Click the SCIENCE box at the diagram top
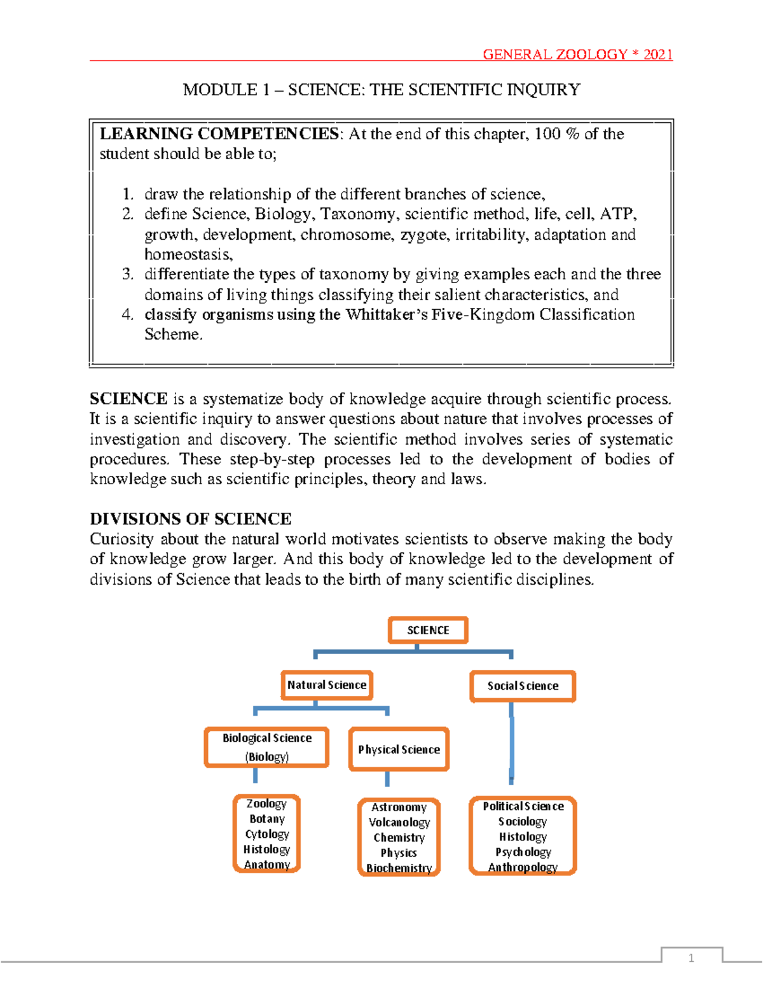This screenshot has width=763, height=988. pyautogui.click(x=428, y=630)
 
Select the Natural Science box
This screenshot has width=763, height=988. pyautogui.click(x=327, y=685)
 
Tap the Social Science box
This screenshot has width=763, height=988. pyautogui.click(x=523, y=686)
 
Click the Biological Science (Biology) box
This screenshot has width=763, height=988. pyautogui.click(x=267, y=747)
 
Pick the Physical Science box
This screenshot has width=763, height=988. pyautogui.click(x=399, y=749)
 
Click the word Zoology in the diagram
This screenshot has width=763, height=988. pyautogui.click(x=266, y=804)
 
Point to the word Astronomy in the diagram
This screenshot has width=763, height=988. pyautogui.click(x=399, y=807)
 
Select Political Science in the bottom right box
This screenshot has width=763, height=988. pyautogui.click(x=523, y=806)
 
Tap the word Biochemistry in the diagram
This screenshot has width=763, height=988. pyautogui.click(x=399, y=868)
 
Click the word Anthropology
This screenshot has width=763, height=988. pyautogui.click(x=523, y=867)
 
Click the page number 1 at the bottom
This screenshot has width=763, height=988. pyautogui.click(x=691, y=958)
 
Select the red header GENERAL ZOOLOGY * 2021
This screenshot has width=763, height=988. pyautogui.click(x=577, y=55)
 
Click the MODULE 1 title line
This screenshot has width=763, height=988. pyautogui.click(x=381, y=90)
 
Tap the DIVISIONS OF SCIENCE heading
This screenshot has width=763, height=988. pyautogui.click(x=190, y=518)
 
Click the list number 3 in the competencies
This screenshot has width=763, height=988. pyautogui.click(x=128, y=274)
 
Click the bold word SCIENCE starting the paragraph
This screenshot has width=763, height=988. pyautogui.click(x=128, y=399)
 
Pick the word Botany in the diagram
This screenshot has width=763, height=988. pyautogui.click(x=267, y=819)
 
